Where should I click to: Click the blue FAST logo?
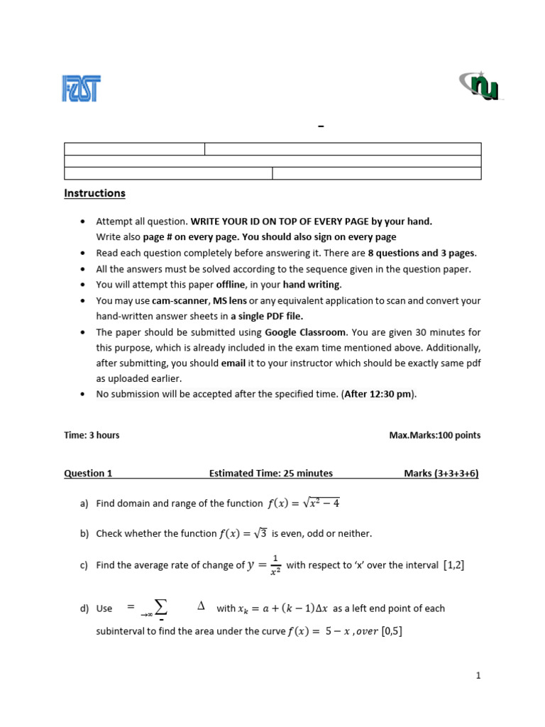click(80, 88)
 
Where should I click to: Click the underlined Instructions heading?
click(94, 193)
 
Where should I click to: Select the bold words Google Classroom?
click(305, 332)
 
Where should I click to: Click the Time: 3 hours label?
click(92, 435)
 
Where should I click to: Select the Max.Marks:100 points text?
click(434, 435)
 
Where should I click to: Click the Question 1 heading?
click(88, 474)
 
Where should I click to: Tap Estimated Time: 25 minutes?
click(270, 474)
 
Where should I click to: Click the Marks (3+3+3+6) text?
click(441, 474)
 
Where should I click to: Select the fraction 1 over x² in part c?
click(275, 566)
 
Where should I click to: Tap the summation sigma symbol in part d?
click(161, 607)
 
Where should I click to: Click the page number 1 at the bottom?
click(478, 676)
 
